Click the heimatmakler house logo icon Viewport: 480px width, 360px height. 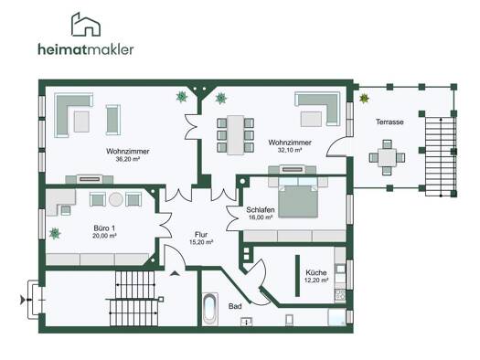86,25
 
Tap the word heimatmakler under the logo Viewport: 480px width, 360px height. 86,49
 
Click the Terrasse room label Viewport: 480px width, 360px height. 389,122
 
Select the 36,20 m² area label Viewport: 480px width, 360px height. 128,159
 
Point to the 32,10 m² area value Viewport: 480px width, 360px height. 290,150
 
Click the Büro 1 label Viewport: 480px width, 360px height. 104,228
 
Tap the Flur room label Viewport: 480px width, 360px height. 201,235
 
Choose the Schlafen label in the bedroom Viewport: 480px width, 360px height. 261,210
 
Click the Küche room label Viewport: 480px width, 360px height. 316,272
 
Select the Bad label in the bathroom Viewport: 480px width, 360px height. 235,306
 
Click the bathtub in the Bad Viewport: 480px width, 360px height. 210,309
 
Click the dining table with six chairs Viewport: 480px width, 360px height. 235,135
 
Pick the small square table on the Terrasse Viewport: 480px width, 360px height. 387,157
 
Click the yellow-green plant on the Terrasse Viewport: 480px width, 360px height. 364,98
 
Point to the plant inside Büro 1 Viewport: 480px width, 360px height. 55,233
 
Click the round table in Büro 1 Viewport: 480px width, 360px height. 116,199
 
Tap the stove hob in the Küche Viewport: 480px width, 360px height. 340,294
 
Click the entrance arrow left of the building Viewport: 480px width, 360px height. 23,300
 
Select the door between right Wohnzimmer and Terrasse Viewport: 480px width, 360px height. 336,146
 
